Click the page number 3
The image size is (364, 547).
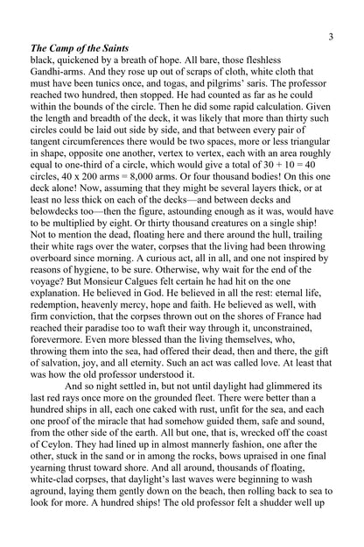point(330,37)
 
